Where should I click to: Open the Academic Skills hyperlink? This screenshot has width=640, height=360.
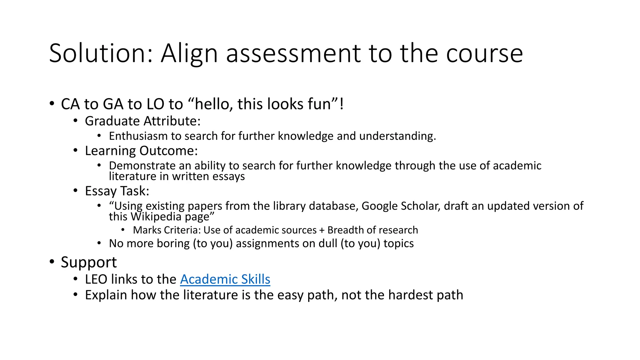(225, 279)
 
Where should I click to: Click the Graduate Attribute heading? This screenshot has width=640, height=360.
(142, 121)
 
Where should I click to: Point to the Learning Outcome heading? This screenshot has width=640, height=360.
(141, 151)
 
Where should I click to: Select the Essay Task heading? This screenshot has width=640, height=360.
(117, 191)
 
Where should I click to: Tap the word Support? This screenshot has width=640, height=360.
(89, 262)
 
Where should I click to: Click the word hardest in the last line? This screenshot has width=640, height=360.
(408, 295)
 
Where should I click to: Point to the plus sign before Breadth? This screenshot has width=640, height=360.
(322, 230)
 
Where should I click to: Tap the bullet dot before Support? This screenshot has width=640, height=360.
(52, 261)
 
